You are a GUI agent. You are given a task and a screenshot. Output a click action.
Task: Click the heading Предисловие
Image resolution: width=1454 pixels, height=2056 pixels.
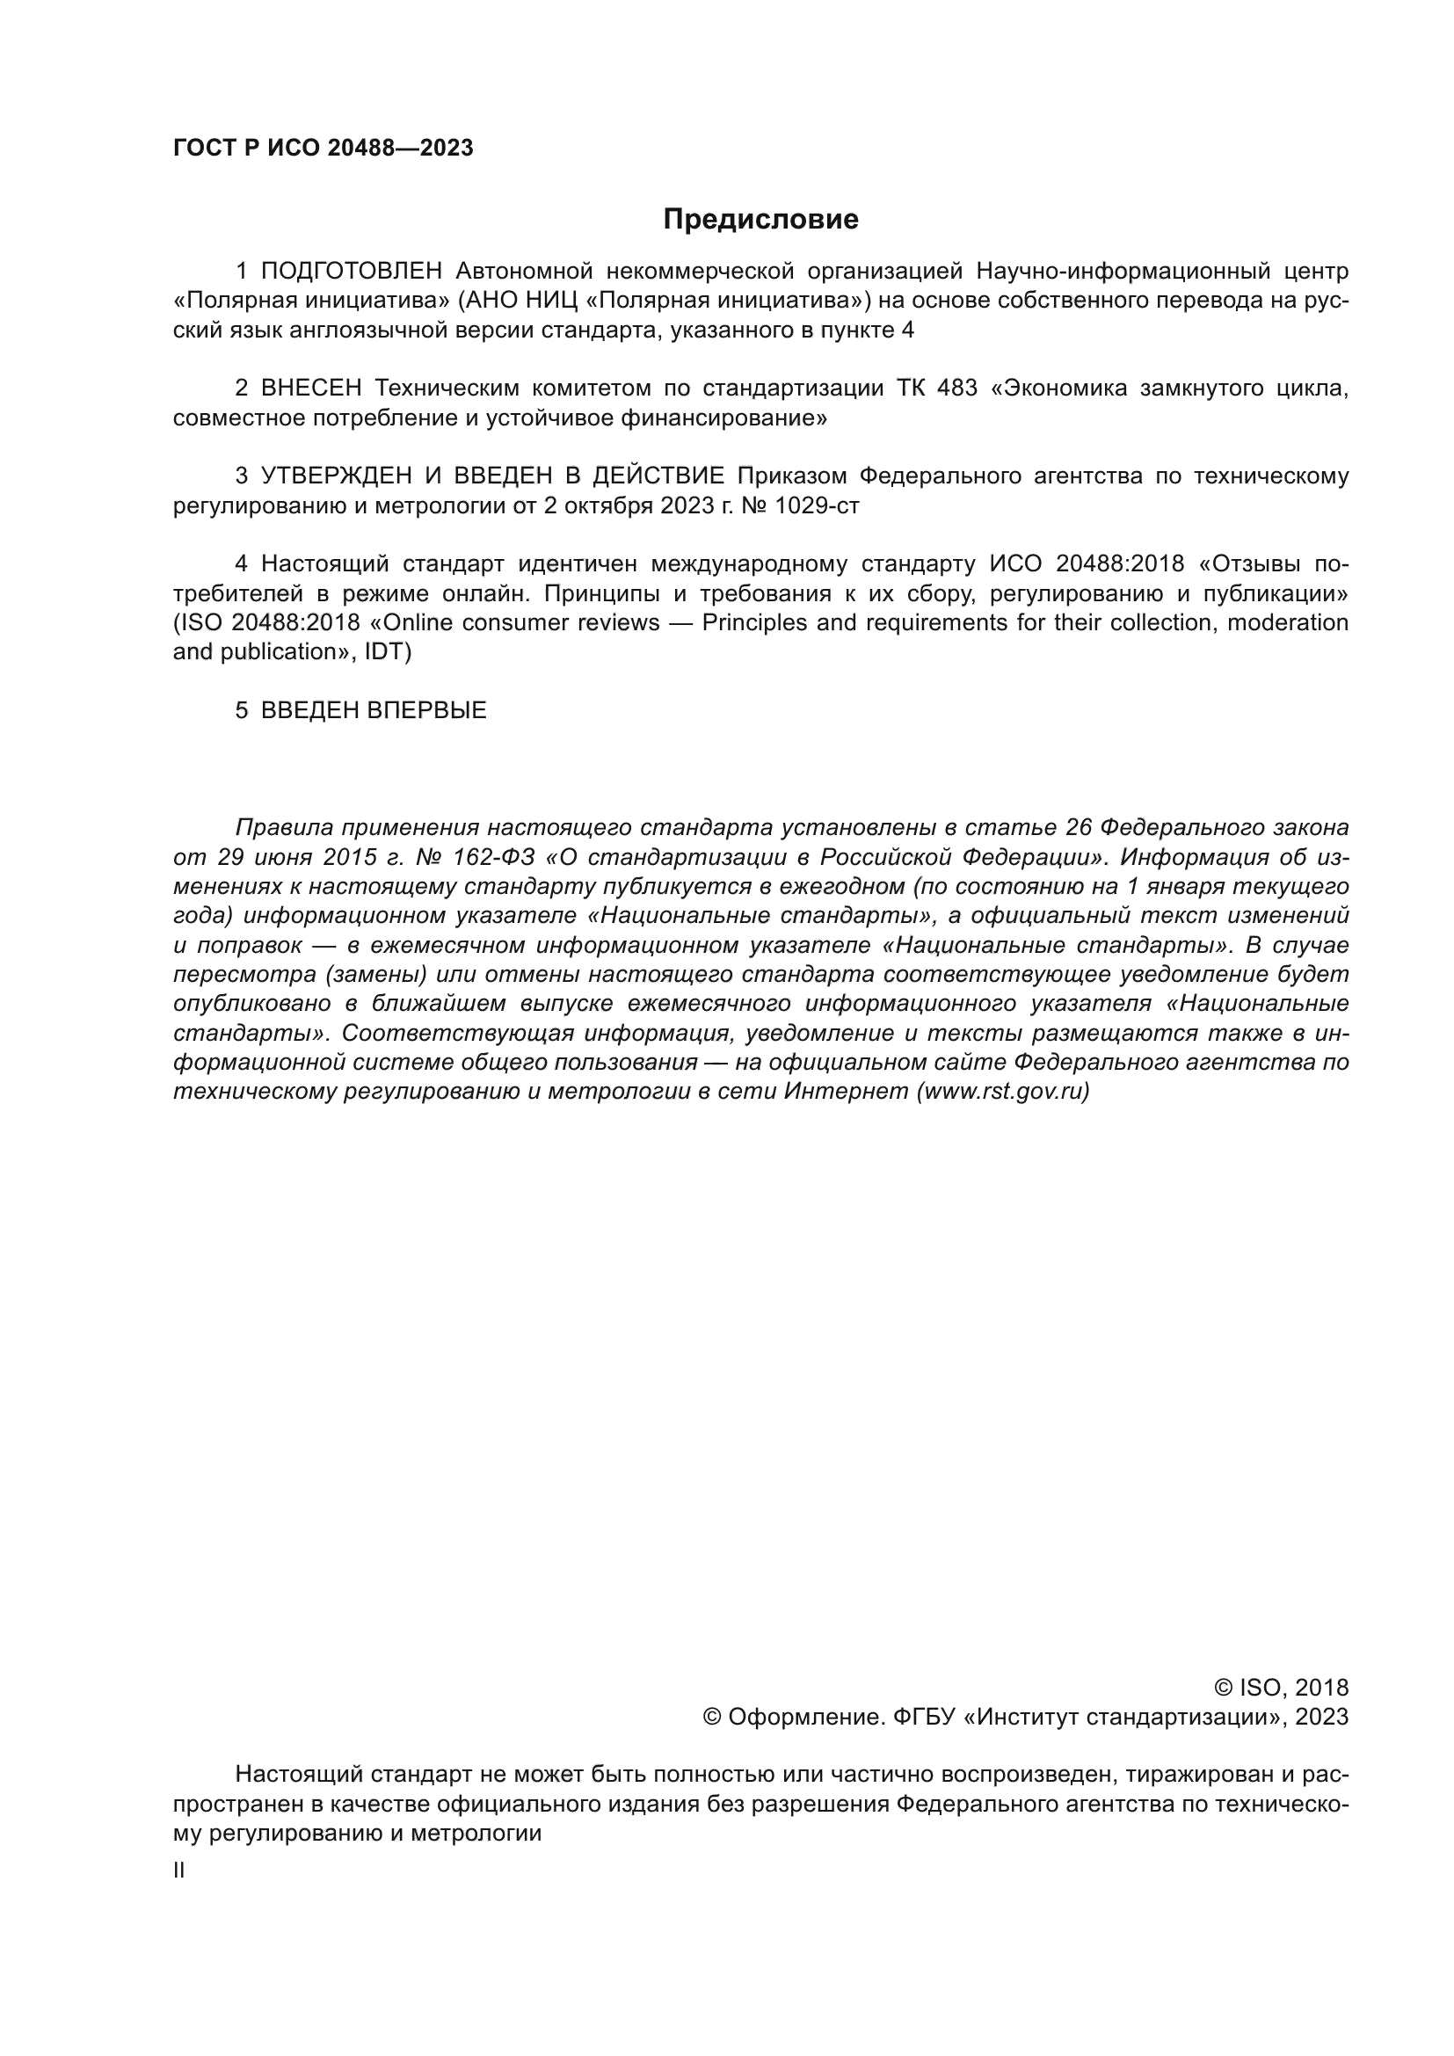[760, 220]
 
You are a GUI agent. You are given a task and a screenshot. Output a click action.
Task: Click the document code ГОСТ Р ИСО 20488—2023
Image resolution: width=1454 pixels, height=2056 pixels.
[324, 149]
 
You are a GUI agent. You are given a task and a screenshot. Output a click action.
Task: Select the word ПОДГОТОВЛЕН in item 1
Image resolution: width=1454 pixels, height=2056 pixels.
[351, 271]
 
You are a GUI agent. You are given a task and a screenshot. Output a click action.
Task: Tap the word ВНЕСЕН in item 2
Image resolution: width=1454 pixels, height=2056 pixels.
[311, 388]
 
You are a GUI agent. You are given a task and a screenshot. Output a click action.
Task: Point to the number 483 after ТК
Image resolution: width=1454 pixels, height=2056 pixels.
[957, 388]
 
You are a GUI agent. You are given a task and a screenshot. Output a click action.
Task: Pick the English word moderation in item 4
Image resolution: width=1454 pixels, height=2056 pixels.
[1287, 622]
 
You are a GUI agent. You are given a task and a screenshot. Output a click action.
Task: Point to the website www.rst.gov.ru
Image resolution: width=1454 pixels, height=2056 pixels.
[1003, 1092]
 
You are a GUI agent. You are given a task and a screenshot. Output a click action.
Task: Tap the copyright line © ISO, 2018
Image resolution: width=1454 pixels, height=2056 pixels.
[1281, 1687]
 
